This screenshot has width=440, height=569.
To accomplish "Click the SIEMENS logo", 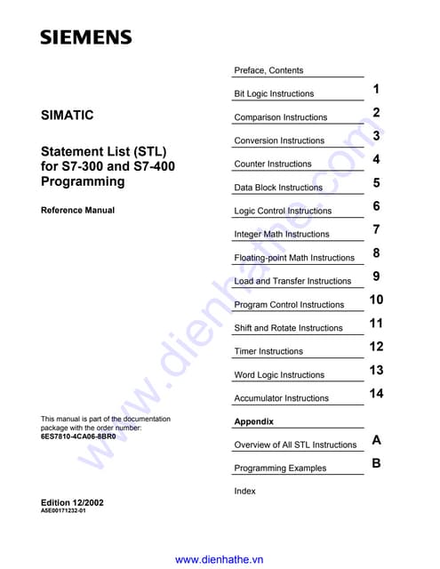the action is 85,37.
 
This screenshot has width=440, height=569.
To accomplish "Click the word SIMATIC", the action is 67,116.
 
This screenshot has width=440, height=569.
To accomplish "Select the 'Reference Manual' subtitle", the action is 77,211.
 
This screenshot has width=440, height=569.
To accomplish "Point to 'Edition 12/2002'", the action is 72,502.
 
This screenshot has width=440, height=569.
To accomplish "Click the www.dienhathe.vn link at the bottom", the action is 220,559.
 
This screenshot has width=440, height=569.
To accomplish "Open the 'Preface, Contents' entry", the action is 268,70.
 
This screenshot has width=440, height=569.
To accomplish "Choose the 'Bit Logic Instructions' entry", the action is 274,93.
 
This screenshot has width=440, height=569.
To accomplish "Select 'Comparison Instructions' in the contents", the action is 280,117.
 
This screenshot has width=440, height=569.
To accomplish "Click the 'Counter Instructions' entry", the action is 273,164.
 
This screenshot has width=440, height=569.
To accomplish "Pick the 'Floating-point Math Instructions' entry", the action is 294,258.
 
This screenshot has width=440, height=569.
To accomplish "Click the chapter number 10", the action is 376,301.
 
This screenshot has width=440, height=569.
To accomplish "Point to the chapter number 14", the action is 376,394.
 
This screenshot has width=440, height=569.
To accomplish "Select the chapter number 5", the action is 377,183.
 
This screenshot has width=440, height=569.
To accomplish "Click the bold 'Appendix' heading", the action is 253,421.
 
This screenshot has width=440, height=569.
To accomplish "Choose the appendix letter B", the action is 377,463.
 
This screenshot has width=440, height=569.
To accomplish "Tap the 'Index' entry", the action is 244,491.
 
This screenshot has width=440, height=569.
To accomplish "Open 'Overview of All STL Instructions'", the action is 295,445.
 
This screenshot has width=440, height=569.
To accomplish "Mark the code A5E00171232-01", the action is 63,512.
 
